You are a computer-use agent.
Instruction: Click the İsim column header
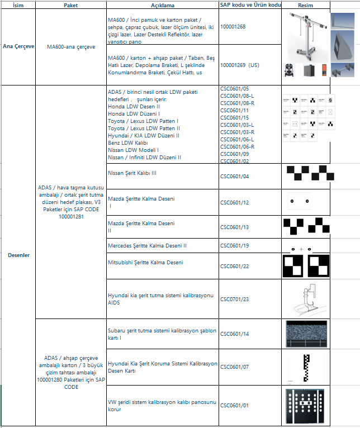[17, 5]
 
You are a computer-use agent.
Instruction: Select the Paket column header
[70, 5]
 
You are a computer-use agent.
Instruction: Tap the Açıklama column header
[162, 5]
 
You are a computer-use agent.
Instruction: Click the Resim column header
[305, 5]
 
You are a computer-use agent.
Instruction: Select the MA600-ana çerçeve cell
[70, 47]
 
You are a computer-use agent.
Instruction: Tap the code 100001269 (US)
[239, 65]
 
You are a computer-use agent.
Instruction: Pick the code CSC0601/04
[235, 177]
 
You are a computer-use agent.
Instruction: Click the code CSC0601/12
[235, 202]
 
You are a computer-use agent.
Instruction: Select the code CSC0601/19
[235, 245]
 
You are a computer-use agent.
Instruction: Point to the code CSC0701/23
[235, 299]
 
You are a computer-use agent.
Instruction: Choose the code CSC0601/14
[235, 334]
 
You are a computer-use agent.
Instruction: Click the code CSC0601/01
[235, 406]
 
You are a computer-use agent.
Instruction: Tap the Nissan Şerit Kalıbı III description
[132, 173]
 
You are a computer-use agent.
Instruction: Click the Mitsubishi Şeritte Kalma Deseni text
[144, 262]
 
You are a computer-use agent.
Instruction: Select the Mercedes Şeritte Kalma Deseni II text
[147, 245]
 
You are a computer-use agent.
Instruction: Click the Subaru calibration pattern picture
[305, 334]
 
